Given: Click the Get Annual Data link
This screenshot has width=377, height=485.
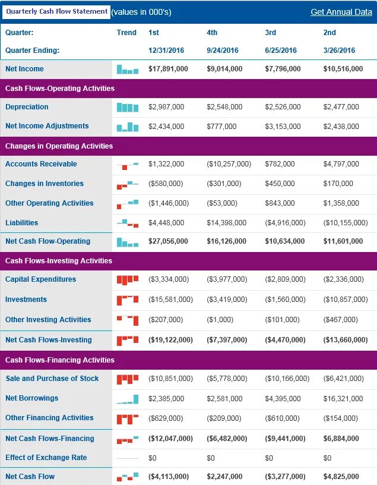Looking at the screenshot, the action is pyautogui.click(x=341, y=12).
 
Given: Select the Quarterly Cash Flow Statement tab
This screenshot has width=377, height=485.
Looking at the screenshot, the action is pyautogui.click(x=56, y=12).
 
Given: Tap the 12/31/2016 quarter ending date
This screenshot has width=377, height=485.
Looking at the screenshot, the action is pyautogui.click(x=166, y=51).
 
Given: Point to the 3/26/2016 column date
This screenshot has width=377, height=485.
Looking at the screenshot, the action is pyautogui.click(x=339, y=51).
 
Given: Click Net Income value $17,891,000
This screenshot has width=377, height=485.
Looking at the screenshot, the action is pyautogui.click(x=168, y=69).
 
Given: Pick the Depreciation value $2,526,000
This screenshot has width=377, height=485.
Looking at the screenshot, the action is pyautogui.click(x=283, y=107).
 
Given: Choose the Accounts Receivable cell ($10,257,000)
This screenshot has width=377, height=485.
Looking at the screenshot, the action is pyautogui.click(x=229, y=164).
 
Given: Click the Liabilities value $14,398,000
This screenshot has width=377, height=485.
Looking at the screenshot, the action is pyautogui.click(x=227, y=223).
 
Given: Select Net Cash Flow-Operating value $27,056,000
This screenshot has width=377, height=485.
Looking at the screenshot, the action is pyautogui.click(x=168, y=241).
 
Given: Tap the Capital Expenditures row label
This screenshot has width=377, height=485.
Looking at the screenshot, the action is pyautogui.click(x=40, y=279).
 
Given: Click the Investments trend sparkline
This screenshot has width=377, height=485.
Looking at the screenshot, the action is pyautogui.click(x=128, y=300).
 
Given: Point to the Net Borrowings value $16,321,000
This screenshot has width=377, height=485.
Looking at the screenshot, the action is pyautogui.click(x=343, y=398).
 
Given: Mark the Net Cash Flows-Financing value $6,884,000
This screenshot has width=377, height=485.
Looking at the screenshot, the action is pyautogui.click(x=341, y=439).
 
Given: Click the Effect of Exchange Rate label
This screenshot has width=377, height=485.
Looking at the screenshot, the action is pyautogui.click(x=46, y=458).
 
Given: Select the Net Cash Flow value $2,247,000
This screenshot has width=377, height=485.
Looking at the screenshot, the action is pyautogui.click(x=224, y=477).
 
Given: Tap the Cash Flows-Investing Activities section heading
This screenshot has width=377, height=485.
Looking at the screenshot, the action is pyautogui.click(x=59, y=261).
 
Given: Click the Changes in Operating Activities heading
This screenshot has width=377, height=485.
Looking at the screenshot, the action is pyautogui.click(x=59, y=146).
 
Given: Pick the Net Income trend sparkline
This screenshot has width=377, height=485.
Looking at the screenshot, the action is pyautogui.click(x=128, y=70).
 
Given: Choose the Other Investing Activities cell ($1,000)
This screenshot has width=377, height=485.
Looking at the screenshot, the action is pyautogui.click(x=220, y=320).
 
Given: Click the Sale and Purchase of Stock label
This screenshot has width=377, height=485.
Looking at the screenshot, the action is pyautogui.click(x=52, y=379).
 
